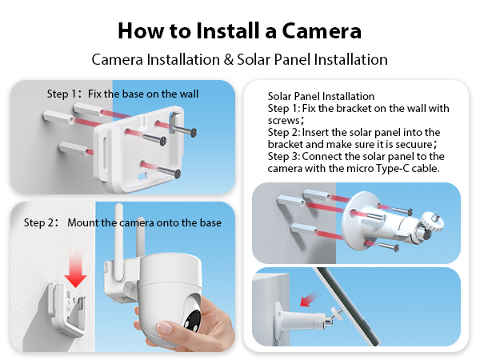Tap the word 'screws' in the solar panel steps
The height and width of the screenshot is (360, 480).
tap(285, 120)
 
